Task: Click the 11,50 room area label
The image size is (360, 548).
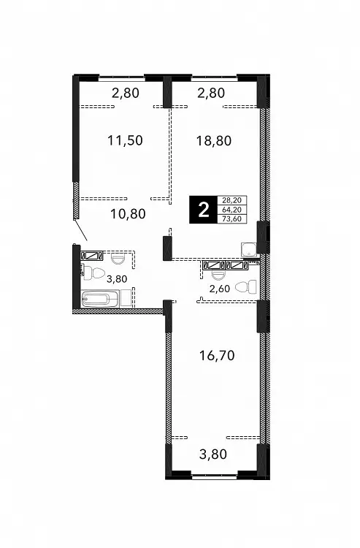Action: (126, 140)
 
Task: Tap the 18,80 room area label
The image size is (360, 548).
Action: (214, 141)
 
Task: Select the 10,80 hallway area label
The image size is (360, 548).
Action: (128, 213)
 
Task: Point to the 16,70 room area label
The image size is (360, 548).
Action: (217, 356)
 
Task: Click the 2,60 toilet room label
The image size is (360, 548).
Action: (220, 289)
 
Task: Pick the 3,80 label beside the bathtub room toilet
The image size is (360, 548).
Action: (117, 279)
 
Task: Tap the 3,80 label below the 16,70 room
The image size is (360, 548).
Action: (213, 454)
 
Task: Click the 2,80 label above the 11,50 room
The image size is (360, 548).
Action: (126, 93)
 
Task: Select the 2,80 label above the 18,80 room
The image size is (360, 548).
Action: (211, 93)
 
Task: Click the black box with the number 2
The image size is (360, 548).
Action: (203, 210)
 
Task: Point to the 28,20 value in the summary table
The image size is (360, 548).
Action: (232, 200)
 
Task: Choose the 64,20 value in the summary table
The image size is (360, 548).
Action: (232, 210)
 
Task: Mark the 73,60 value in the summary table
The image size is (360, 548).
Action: (232, 218)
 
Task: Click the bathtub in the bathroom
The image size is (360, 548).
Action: (100, 299)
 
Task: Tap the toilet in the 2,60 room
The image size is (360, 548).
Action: (245, 286)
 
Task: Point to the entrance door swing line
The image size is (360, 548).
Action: (81, 230)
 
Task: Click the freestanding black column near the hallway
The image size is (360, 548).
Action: (168, 248)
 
